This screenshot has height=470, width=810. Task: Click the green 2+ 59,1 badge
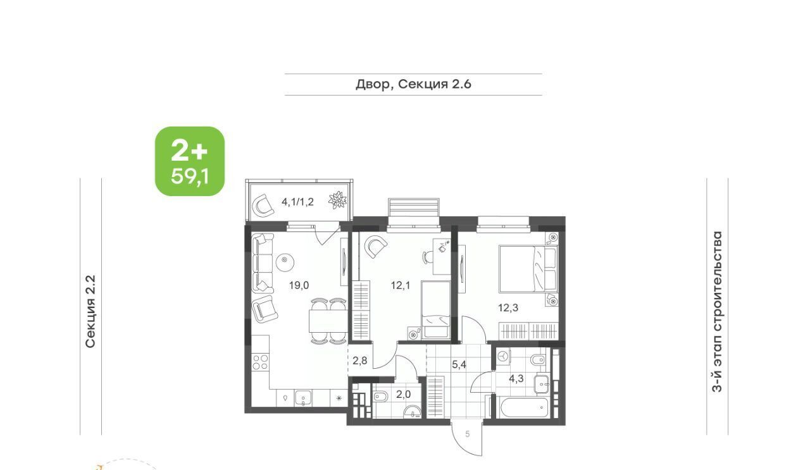pyautogui.click(x=190, y=161)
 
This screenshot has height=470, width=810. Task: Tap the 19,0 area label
pyautogui.click(x=299, y=285)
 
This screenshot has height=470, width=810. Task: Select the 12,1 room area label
pyautogui.click(x=401, y=286)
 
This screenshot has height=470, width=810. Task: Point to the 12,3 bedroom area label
pyautogui.click(x=508, y=307)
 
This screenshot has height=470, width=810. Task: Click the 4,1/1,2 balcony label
pyautogui.click(x=297, y=202)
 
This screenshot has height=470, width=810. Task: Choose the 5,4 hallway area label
pyautogui.click(x=459, y=364)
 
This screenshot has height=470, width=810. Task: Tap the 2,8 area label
pyautogui.click(x=360, y=361)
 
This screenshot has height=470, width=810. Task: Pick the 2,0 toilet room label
pyautogui.click(x=403, y=394)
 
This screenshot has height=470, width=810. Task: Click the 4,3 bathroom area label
pyautogui.click(x=516, y=378)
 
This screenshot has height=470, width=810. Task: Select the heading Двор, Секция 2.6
pyautogui.click(x=413, y=84)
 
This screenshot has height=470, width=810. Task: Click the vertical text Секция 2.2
pyautogui.click(x=90, y=312)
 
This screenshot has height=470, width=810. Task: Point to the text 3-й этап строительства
pyautogui.click(x=717, y=312)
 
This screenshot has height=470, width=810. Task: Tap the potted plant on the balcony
pyautogui.click(x=337, y=200)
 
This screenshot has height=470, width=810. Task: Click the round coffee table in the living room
pyautogui.click(x=285, y=261)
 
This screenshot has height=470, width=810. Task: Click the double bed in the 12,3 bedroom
pyautogui.click(x=528, y=269)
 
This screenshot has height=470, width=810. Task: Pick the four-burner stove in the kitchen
pyautogui.click(x=260, y=362)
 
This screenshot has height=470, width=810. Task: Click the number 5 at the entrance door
pyautogui.click(x=468, y=434)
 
